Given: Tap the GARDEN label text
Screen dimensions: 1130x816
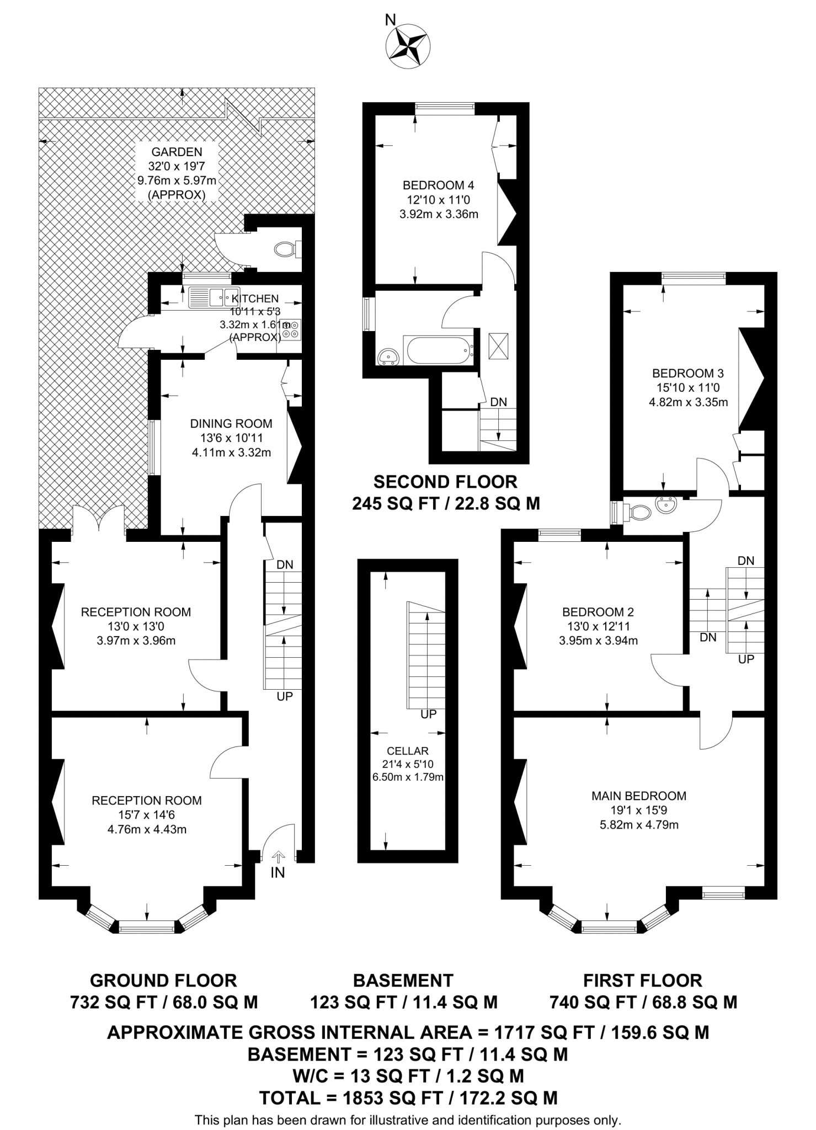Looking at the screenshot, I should coord(177,152).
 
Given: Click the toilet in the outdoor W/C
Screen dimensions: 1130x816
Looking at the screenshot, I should coord(286,249).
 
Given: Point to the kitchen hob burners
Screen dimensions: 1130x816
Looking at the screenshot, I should coord(293,329).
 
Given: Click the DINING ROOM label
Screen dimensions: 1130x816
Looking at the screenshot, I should coord(231,424).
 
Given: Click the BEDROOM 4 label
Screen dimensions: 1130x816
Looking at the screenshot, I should coord(439,185).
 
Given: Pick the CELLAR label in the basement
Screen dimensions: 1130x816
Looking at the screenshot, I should coord(408,751).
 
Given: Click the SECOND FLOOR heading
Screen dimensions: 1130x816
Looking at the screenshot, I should coord(445,482).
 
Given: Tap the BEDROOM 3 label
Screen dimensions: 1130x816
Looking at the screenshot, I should coord(688,373).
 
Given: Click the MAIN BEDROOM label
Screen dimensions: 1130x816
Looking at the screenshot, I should coord(639,796).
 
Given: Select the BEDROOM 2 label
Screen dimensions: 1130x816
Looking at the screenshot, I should coord(598,612).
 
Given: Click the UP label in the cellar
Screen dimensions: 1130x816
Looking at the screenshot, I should coord(429,715).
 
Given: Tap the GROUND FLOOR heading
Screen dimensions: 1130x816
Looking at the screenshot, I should coord(163,980).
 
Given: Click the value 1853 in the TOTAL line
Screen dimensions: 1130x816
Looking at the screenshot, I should coord(361,1098).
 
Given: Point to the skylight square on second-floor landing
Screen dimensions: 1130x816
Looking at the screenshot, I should coord(498,346).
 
